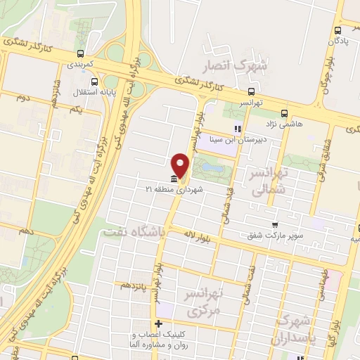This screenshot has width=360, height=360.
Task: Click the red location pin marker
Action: point(181,165)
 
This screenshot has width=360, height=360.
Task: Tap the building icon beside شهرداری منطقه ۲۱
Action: point(173,179)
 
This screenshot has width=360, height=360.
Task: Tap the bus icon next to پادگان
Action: point(339,30)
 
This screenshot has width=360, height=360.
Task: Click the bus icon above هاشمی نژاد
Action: point(285,112)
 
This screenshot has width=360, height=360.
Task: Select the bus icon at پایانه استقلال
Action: point(95,82)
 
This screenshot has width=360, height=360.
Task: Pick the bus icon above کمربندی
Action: point(82,53)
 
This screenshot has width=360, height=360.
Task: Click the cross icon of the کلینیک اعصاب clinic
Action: point(159,324)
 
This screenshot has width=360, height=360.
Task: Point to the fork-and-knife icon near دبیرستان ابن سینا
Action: point(237,129)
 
